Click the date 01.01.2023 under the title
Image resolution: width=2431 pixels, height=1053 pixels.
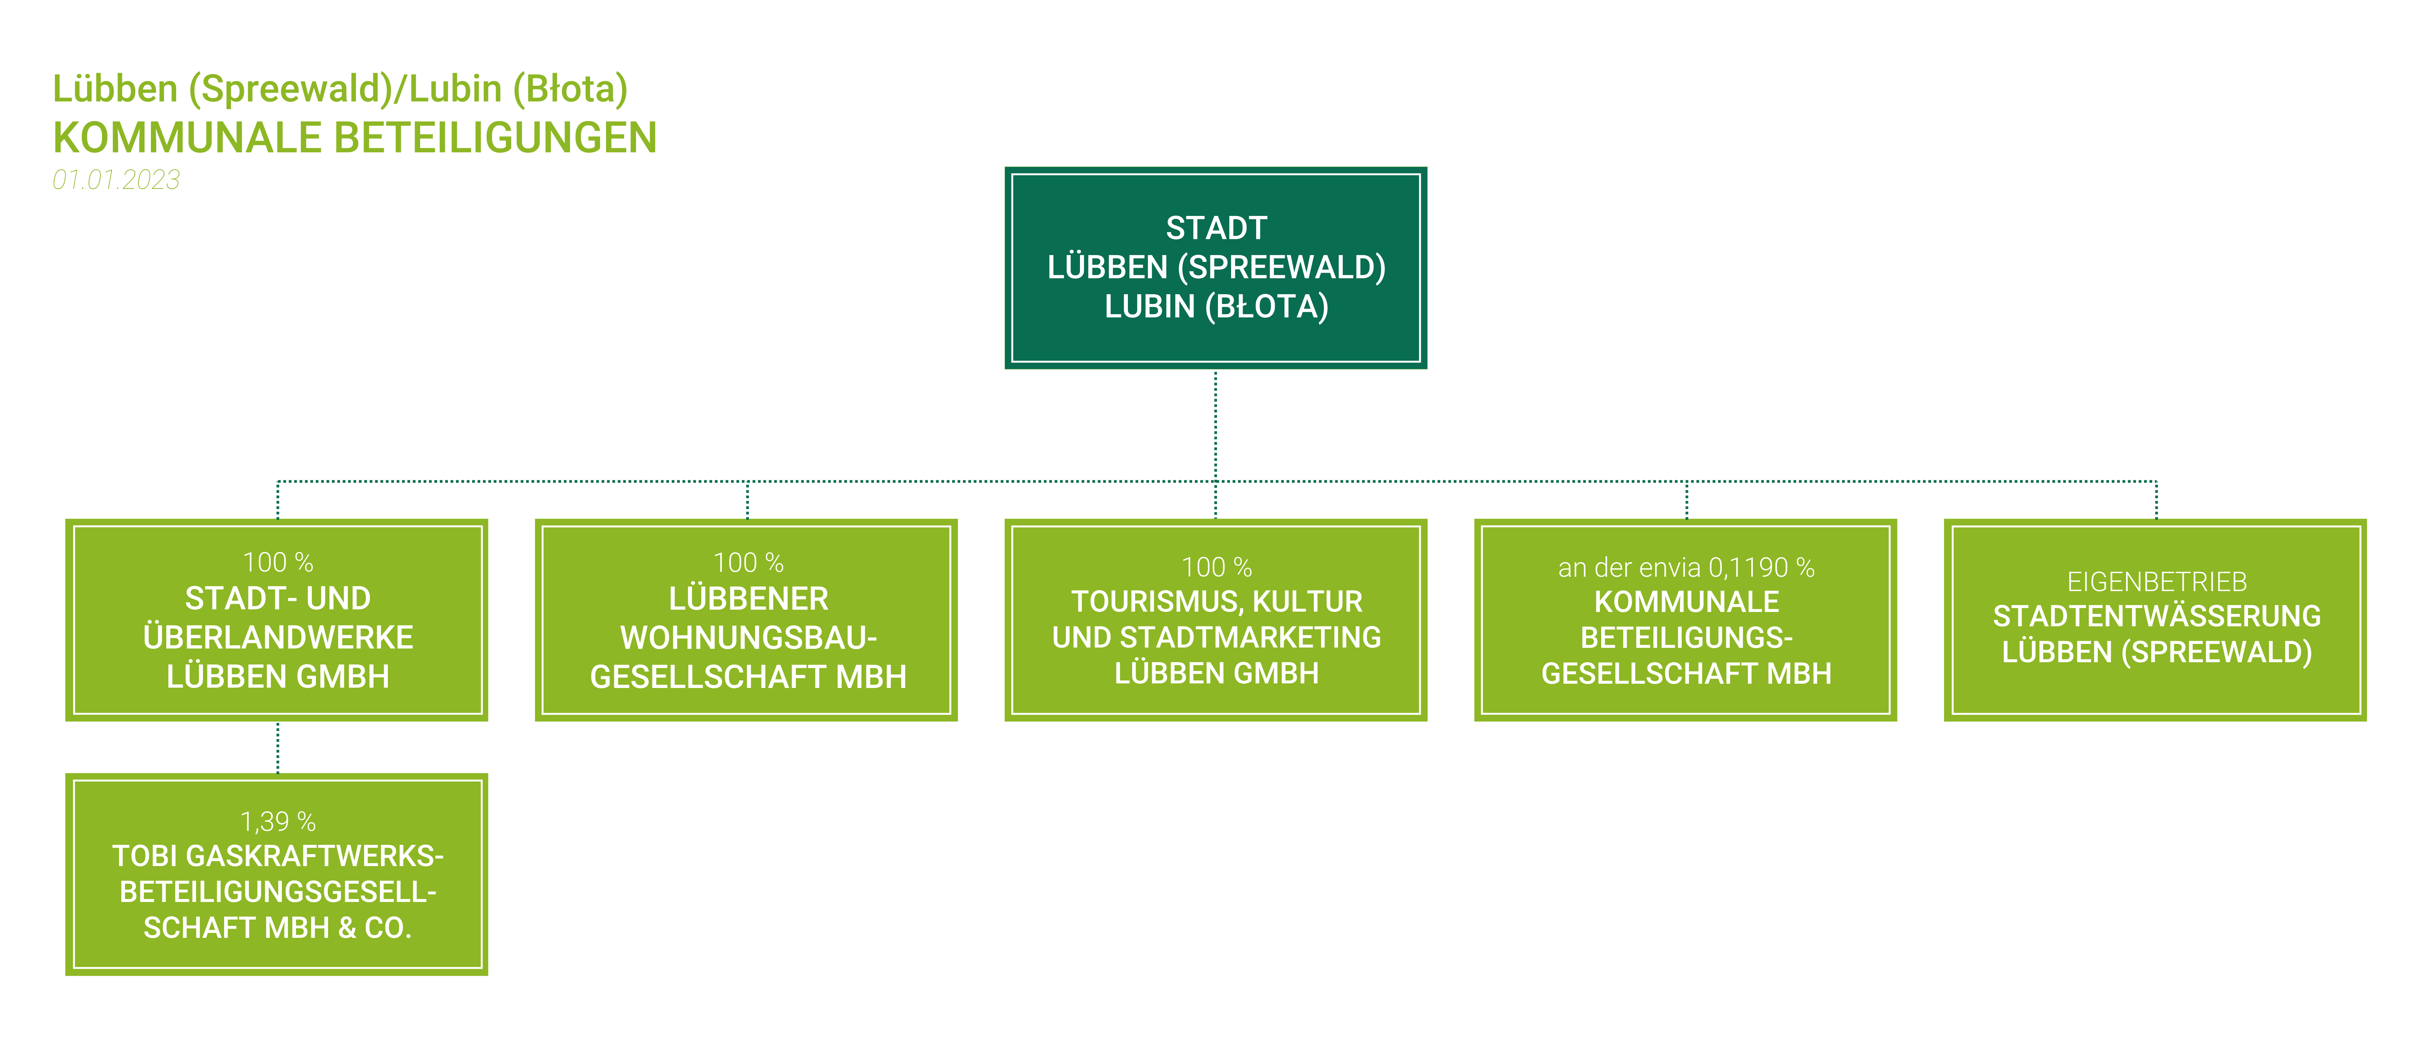116,179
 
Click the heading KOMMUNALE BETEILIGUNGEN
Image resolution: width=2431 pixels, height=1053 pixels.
355,138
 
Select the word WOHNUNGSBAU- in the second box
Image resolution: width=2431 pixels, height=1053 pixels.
748,638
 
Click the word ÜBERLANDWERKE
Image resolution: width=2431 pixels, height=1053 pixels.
278,638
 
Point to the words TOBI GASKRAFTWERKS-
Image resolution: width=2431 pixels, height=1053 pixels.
278,856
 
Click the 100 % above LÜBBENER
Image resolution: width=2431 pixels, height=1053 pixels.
748,562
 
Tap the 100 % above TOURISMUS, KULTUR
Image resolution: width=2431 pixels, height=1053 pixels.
1216,567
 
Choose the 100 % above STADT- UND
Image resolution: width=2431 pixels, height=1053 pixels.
278,562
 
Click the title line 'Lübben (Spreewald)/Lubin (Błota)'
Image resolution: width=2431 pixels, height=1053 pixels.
340,89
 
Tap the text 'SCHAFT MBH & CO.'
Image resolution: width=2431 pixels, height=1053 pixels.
278,928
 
